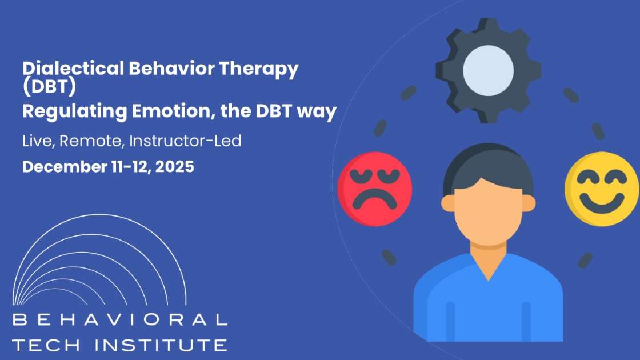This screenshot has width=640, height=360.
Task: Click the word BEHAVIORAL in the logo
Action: [x=120, y=321]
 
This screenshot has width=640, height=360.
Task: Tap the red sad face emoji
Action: [x=374, y=188]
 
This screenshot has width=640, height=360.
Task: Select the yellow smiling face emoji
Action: [x=602, y=188]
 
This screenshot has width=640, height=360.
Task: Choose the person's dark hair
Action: [x=488, y=163]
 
